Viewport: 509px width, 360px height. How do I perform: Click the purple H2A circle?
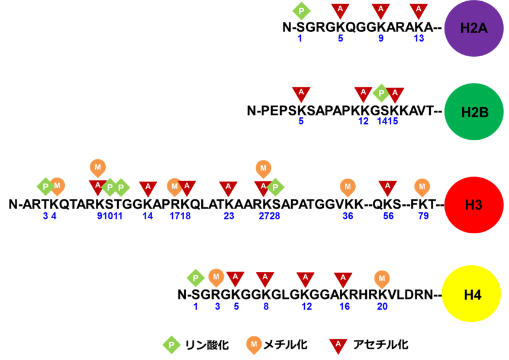(473, 28)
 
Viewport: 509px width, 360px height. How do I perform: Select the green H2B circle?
(473, 111)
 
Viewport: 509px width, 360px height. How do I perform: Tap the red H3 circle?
(473, 205)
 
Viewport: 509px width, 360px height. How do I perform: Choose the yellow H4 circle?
(472, 294)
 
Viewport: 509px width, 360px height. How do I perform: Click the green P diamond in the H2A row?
(301, 11)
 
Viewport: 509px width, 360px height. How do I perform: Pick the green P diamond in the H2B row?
(381, 93)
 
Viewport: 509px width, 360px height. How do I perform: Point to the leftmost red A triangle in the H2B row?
(301, 94)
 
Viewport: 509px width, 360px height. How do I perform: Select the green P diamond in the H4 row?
(195, 278)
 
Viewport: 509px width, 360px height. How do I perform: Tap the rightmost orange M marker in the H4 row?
(382, 278)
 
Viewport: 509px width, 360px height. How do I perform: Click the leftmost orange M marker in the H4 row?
(216, 277)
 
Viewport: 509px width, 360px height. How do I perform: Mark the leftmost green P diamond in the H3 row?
(46, 187)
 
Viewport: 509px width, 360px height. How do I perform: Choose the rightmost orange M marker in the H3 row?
(422, 187)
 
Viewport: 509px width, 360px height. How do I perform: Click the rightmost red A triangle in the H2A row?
(418, 10)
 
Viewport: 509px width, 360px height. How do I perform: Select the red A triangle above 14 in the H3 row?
(148, 188)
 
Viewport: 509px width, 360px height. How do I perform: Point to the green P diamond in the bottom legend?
(171, 345)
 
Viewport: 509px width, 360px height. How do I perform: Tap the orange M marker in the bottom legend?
(254, 344)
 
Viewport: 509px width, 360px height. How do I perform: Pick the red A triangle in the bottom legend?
(338, 345)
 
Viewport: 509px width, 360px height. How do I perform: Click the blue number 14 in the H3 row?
(148, 217)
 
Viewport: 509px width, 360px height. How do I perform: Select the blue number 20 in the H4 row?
(382, 307)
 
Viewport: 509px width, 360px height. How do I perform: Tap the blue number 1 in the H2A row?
(300, 38)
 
